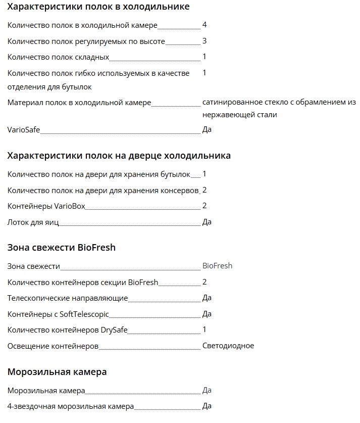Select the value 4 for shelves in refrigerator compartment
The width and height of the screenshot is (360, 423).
pyautogui.click(x=204, y=25)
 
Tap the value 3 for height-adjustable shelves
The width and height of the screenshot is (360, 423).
pyautogui.click(x=204, y=41)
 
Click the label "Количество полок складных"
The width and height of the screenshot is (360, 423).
pyautogui.click(x=58, y=57)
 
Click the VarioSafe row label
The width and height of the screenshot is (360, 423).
pyautogui.click(x=24, y=130)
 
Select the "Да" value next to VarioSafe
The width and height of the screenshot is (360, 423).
pyautogui.click(x=207, y=130)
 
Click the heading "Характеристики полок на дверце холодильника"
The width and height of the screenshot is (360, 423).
pyautogui.click(x=119, y=156)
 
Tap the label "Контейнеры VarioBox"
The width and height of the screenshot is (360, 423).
pyautogui.click(x=46, y=206)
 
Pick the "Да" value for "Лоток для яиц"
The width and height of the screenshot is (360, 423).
pyautogui.click(x=207, y=222)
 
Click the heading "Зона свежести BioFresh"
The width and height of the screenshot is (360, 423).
pyautogui.click(x=62, y=248)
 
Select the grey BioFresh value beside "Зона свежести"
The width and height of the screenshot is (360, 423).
pyautogui.click(x=217, y=266)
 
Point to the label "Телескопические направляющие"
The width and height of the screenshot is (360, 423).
pyautogui.click(x=68, y=298)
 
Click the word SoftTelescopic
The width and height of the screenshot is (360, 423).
pyautogui.click(x=84, y=314)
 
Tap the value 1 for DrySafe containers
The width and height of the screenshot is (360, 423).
pyautogui.click(x=204, y=330)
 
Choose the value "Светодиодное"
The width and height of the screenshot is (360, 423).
pyautogui.click(x=228, y=346)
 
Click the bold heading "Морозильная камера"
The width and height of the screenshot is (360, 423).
pyautogui.click(x=57, y=372)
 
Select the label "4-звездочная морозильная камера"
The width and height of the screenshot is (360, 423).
pyautogui.click(x=71, y=406)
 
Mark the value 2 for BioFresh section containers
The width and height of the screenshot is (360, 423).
pyautogui.click(x=204, y=282)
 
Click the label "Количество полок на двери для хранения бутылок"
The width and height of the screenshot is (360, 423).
pyautogui.click(x=99, y=174)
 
